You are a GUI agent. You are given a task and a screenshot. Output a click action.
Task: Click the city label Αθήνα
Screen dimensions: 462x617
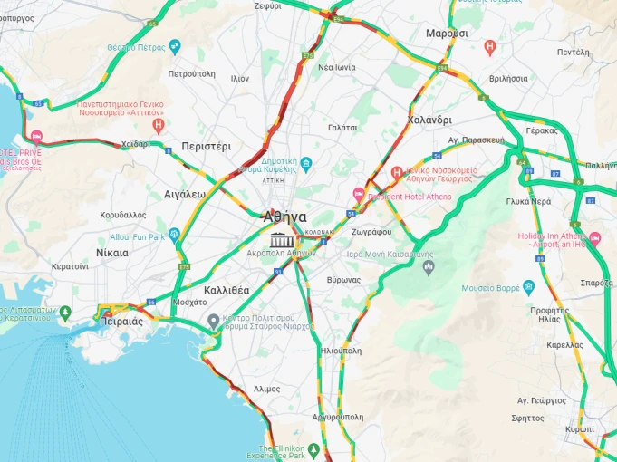pyautogui.click(x=284, y=217)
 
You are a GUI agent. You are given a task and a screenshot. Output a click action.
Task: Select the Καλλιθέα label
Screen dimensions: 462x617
pyautogui.click(x=227, y=290)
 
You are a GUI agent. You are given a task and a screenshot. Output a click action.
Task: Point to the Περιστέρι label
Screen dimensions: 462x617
pyautogui.click(x=206, y=146)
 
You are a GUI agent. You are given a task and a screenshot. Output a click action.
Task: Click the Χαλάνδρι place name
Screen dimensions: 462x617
pyautogui.click(x=429, y=120)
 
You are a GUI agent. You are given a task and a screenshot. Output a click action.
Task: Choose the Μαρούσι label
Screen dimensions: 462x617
pyautogui.click(x=447, y=33)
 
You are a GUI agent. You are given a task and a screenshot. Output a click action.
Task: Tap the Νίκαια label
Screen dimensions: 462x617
pyautogui.click(x=111, y=253)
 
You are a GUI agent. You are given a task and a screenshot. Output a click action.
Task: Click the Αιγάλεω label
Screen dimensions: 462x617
pyautogui.click(x=185, y=194)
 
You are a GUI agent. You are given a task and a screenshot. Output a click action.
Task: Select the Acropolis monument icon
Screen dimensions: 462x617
pyautogui.click(x=282, y=239)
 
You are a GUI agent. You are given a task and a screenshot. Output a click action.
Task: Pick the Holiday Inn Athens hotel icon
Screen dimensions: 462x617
pyautogui.click(x=595, y=239)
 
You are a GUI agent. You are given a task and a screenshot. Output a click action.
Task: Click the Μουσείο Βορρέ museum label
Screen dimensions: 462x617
pyautogui.click(x=490, y=289)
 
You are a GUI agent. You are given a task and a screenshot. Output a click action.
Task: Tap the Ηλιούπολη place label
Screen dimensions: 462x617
pyautogui.click(x=341, y=350)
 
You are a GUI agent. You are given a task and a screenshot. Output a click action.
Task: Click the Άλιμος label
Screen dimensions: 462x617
pyautogui.click(x=266, y=388)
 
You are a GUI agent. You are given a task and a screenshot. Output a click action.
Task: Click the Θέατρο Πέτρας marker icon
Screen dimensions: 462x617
pyautogui.click(x=175, y=46)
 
